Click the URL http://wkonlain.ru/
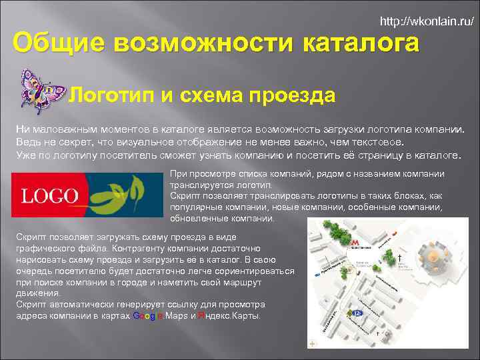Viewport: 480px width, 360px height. (427, 21)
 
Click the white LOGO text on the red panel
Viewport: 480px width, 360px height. (49, 195)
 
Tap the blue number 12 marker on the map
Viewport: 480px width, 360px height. (358, 312)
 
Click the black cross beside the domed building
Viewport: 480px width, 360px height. (399, 257)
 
